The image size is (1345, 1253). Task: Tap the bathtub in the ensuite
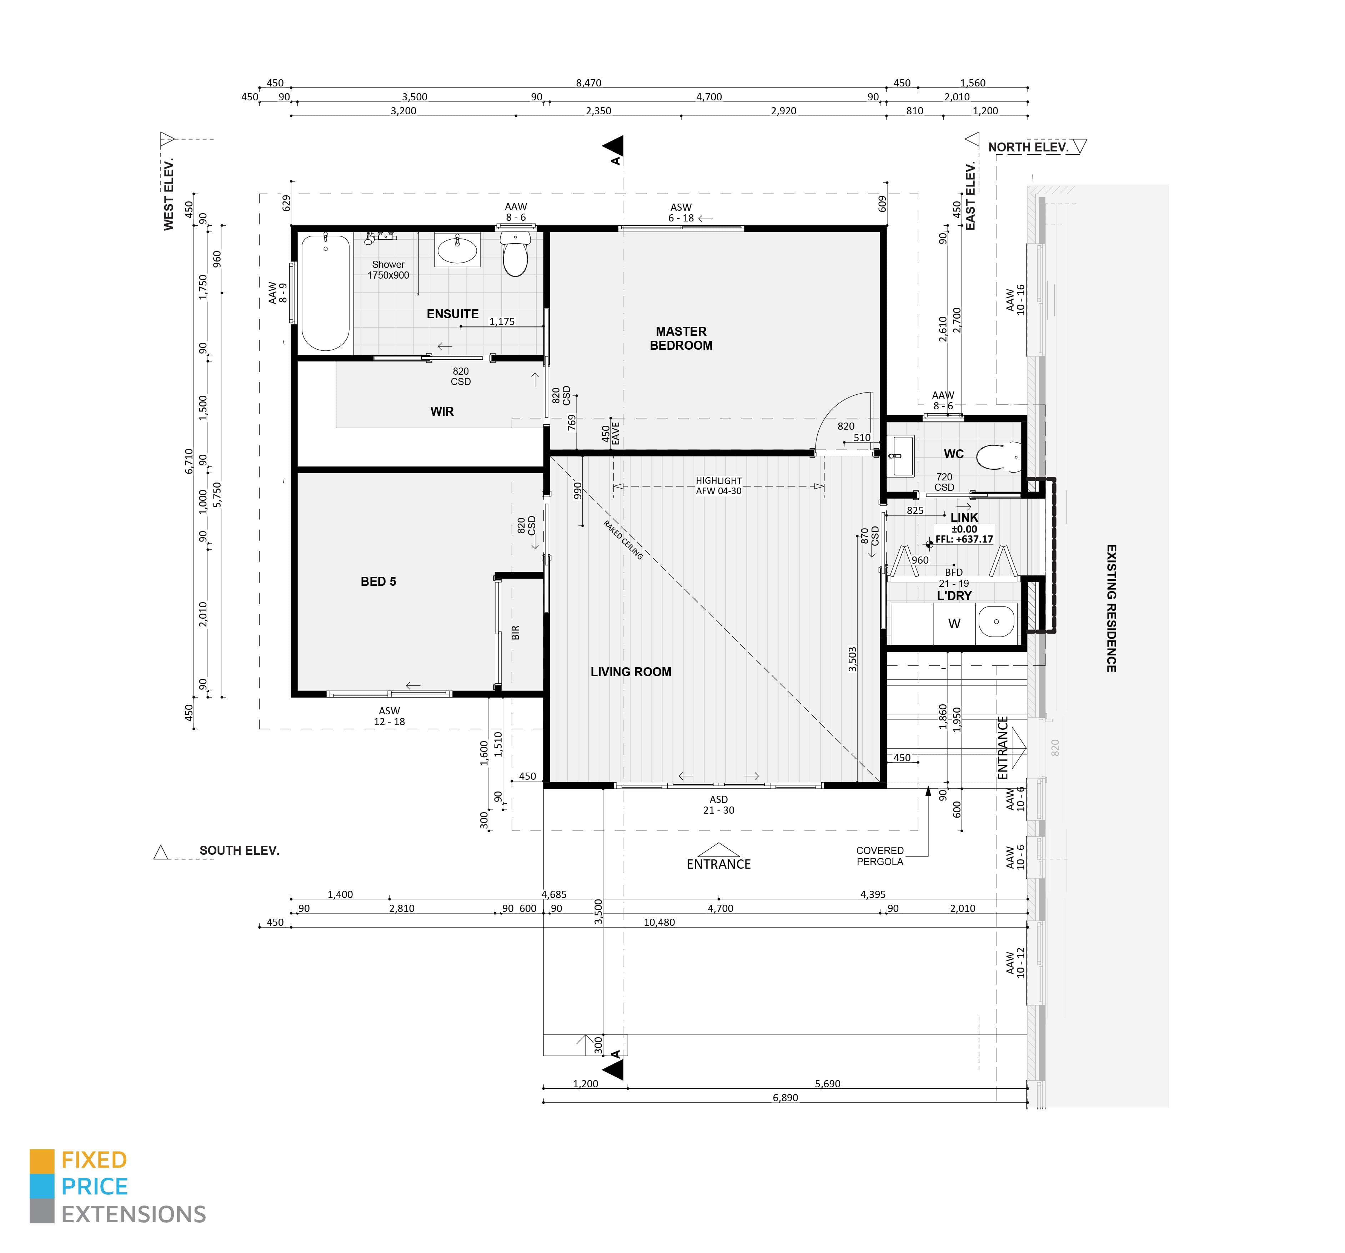[x=325, y=293]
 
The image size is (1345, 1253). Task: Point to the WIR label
[x=442, y=411]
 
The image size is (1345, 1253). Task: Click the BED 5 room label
[x=378, y=581]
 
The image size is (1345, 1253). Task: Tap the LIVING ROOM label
[x=631, y=672]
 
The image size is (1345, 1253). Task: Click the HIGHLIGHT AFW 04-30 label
[x=718, y=485]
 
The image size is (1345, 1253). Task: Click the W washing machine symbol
[x=954, y=623]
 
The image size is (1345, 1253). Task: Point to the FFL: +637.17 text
[x=964, y=539]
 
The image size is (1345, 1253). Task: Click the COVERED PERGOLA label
[x=879, y=856]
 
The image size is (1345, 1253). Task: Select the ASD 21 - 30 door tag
[x=718, y=805]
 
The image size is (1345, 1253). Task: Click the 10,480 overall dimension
[x=659, y=922]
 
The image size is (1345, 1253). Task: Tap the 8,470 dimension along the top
[x=589, y=83]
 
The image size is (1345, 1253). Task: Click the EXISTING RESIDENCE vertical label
[x=1111, y=608]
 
